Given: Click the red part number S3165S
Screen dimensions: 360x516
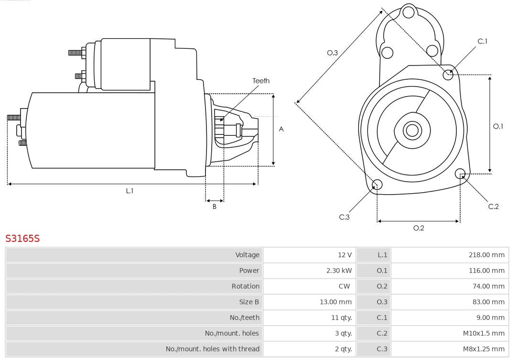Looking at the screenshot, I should point(22,238).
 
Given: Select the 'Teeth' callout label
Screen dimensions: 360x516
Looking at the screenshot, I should point(261,81).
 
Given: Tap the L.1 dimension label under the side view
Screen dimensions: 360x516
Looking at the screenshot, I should point(129,191).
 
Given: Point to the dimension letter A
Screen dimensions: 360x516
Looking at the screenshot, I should point(281,129).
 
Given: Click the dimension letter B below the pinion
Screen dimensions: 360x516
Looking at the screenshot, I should point(215,207).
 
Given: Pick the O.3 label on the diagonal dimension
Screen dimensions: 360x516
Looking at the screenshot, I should point(333,53).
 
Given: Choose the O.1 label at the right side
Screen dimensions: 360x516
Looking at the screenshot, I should point(498,126).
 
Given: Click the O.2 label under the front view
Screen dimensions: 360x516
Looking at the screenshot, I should point(419,228).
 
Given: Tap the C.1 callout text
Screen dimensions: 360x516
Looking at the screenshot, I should point(483,41).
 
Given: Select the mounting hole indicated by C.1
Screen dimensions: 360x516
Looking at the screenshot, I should point(448,74).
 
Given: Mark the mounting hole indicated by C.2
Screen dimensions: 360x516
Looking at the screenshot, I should point(460,173).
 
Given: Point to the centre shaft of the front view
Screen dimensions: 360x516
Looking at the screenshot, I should point(411,130).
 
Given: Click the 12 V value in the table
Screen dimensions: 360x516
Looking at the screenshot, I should point(344,255).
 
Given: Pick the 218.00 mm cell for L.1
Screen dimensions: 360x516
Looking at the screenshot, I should point(486,255).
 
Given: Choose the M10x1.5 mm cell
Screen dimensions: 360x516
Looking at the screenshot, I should point(484,333).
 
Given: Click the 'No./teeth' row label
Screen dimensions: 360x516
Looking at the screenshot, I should point(244,317).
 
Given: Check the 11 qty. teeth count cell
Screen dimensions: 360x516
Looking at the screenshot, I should point(342,317).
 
